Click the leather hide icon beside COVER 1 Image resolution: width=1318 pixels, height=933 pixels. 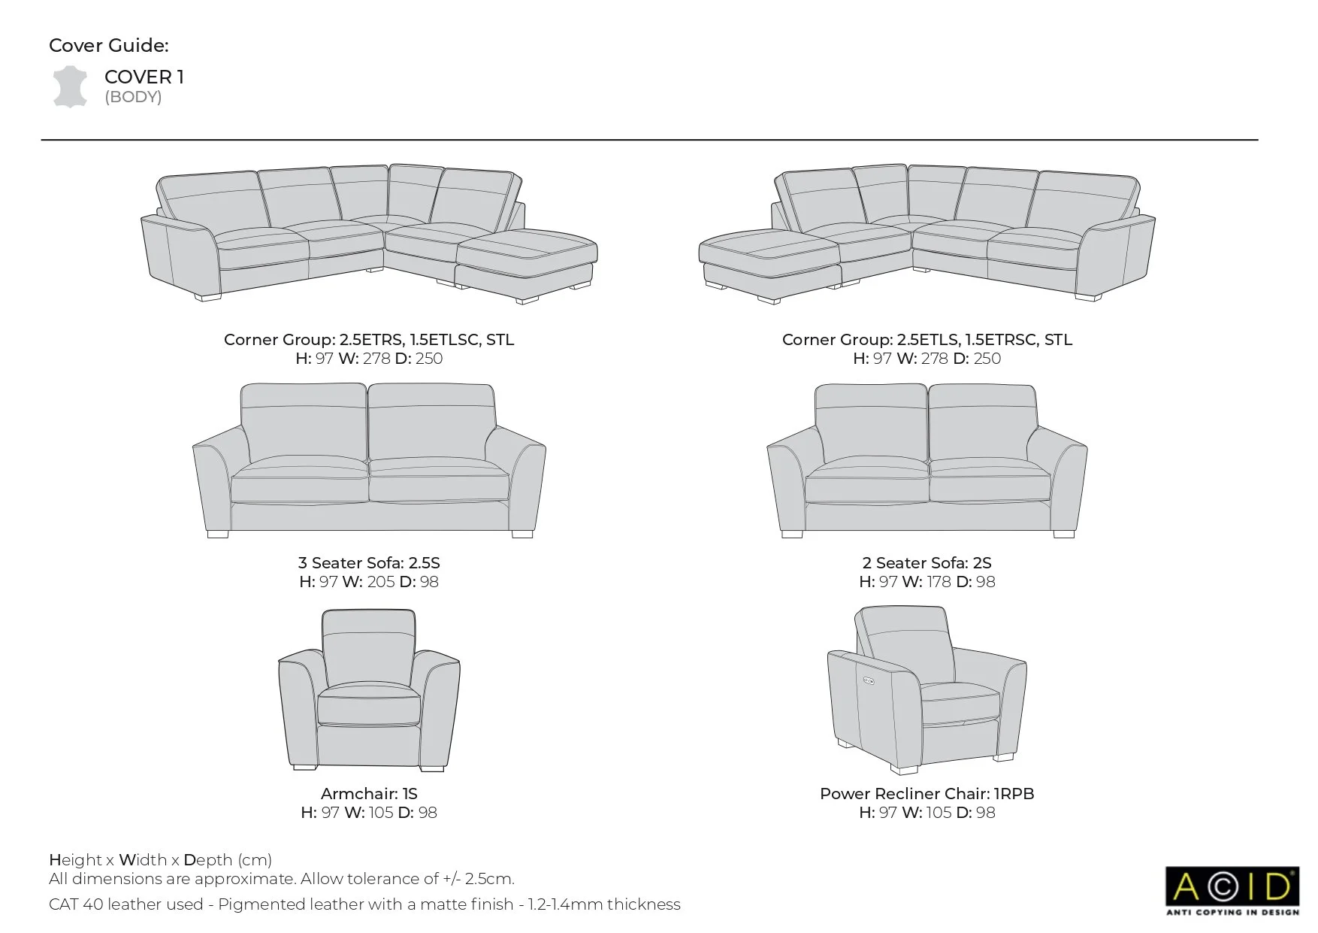pos(68,86)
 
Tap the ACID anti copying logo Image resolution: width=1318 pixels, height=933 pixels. pos(1232,891)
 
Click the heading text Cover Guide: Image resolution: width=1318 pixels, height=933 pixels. pos(109,46)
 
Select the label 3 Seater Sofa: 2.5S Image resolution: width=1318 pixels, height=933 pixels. pos(369,563)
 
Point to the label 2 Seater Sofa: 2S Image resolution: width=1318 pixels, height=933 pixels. pos(927,563)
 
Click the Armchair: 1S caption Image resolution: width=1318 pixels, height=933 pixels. pos(369,794)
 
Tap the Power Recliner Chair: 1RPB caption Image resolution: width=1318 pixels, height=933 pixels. pos(927,794)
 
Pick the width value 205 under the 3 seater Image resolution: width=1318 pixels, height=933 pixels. pos(381,582)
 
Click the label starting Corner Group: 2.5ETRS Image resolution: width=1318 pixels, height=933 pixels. pos(369,340)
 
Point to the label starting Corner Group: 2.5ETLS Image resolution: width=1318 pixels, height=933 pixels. pos(927,340)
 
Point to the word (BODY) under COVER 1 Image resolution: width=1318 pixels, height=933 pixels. pos(133,97)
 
